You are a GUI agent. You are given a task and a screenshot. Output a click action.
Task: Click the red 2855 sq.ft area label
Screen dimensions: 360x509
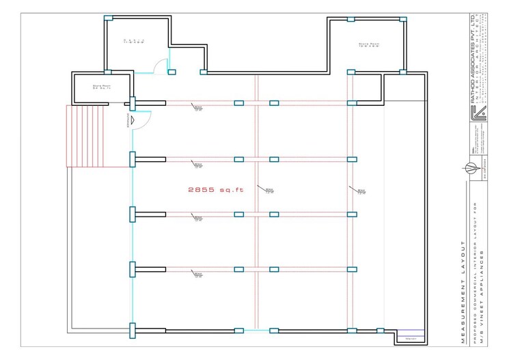pos(215,189)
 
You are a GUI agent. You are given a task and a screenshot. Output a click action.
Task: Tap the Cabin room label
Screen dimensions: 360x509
pos(134,42)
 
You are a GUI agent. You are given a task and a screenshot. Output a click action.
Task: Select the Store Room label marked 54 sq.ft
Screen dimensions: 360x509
pos(102,87)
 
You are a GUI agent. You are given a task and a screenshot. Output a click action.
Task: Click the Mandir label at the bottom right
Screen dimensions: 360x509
pos(411,338)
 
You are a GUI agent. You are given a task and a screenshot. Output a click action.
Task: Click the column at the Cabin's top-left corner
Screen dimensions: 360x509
pos(108,18)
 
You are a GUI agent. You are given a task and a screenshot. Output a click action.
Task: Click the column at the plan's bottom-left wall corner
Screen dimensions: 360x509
pos(133,331)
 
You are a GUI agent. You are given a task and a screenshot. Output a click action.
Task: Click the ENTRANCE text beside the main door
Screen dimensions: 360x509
pos(128,120)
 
